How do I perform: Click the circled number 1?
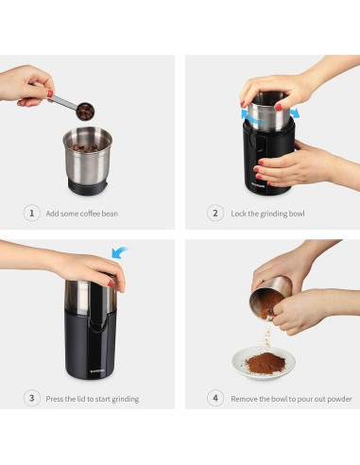32,214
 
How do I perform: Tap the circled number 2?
215,214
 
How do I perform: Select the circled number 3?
32,398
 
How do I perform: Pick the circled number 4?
215,398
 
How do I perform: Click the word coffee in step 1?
90,214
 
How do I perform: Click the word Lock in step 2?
239,214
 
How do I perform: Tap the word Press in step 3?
54,399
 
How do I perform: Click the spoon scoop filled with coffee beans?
85,112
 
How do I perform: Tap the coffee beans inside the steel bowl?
85,147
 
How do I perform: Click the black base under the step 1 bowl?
88,188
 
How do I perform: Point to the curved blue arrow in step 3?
119,252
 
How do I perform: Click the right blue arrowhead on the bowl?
295,112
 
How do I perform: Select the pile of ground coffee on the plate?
266,363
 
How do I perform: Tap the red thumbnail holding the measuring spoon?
50,94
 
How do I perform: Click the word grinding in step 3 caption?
126,399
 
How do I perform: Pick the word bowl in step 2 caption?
297,214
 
